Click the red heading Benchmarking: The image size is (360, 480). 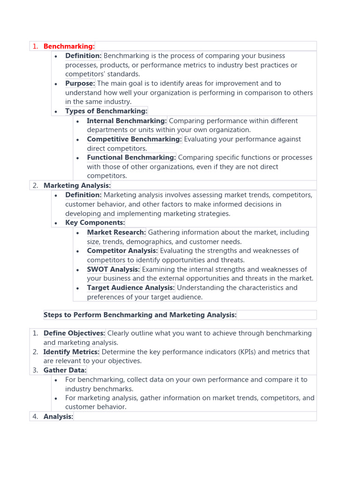coord(69,46)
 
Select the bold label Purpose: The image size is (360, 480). coord(80,83)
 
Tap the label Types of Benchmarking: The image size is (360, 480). coord(106,111)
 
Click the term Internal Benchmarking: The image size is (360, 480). coord(127,120)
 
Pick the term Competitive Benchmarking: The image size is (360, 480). coord(134,139)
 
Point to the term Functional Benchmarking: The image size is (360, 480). coord(131,157)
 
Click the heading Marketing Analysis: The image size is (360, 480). coord(77,186)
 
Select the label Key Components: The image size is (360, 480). coord(95,223)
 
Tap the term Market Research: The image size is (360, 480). coord(116,232)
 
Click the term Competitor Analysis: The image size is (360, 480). coord(122,251)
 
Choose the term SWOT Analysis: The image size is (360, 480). coord(113,270)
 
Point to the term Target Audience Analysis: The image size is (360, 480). coord(131,288)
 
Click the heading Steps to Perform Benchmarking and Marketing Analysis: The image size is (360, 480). coord(140,315)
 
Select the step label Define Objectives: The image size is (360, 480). coord(75,333)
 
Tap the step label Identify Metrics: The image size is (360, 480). coord(71,352)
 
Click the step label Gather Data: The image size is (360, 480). coord(65,370)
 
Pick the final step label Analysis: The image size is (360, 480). coord(59,416)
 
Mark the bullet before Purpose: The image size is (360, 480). coord(56,84)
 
